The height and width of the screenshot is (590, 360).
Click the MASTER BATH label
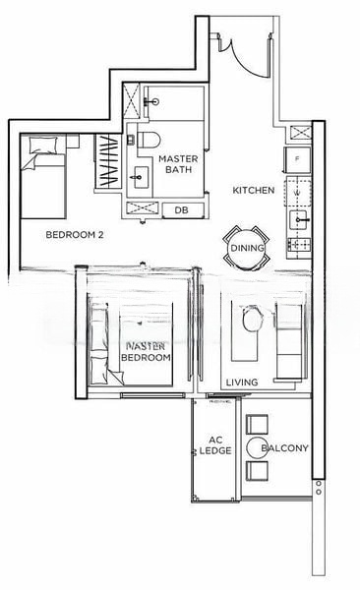click(x=179, y=163)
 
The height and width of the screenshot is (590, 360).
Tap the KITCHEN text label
click(x=253, y=190)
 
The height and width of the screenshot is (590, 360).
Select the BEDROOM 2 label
click(x=76, y=236)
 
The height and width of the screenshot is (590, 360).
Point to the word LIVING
click(x=242, y=382)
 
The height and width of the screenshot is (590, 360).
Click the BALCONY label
click(x=285, y=448)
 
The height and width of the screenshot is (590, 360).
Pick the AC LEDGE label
click(x=214, y=445)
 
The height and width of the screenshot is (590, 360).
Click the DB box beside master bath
click(x=181, y=210)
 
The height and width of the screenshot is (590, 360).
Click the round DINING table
click(x=246, y=248)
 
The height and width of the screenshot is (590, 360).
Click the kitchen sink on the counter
click(x=299, y=216)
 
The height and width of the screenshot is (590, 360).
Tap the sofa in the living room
click(x=290, y=340)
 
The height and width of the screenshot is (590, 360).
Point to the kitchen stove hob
click(x=298, y=242)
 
